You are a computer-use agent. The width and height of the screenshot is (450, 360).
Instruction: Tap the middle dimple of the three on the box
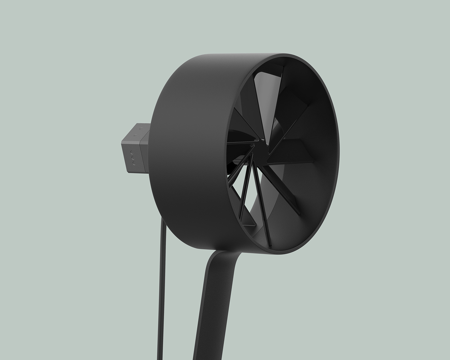coord(132,157)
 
